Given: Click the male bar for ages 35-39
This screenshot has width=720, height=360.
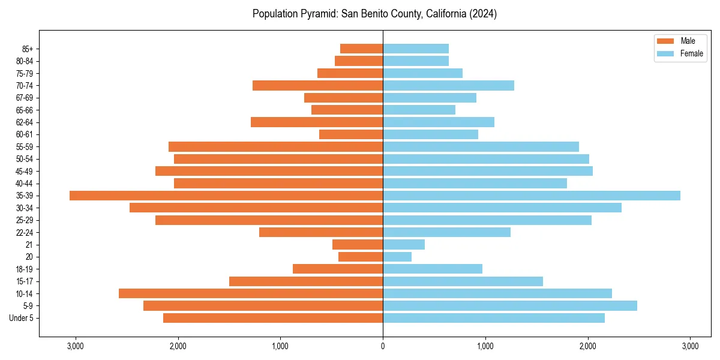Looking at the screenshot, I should point(226,196).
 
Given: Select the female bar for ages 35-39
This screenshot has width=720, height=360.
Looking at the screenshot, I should point(532,196).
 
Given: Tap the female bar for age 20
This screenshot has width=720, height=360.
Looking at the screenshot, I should point(397,257).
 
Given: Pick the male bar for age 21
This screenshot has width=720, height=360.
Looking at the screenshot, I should point(358,245).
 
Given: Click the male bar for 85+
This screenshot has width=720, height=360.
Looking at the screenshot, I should point(361,49).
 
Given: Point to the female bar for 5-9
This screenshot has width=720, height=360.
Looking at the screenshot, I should point(510,306).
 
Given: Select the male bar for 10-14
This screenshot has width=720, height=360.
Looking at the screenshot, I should point(251,293).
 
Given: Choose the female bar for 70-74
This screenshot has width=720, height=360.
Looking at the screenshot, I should point(448,86).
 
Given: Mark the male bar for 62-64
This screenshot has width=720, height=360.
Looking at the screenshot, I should point(317,122).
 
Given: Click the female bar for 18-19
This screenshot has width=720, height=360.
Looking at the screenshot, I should point(433,269).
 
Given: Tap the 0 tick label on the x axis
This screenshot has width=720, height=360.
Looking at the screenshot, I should point(383,346).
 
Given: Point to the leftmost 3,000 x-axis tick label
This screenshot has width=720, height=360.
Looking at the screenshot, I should point(76,346).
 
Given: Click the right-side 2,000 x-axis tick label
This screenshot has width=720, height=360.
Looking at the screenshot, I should point(587,346).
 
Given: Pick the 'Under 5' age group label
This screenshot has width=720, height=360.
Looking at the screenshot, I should point(22,318).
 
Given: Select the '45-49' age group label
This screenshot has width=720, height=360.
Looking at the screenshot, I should point(24,172).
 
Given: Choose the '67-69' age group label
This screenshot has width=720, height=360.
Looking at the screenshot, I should point(24,98).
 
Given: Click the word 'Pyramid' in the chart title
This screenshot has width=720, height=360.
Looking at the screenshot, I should point(322,14).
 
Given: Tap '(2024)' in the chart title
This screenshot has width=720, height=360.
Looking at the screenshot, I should point(481,14).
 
